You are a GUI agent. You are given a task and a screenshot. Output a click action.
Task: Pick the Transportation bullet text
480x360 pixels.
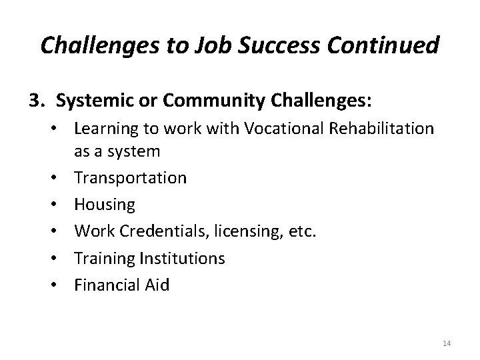click(131, 178)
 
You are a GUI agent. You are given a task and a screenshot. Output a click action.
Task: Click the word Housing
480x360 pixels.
click(105, 205)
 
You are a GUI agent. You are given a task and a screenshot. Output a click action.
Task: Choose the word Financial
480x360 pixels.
click(107, 285)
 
